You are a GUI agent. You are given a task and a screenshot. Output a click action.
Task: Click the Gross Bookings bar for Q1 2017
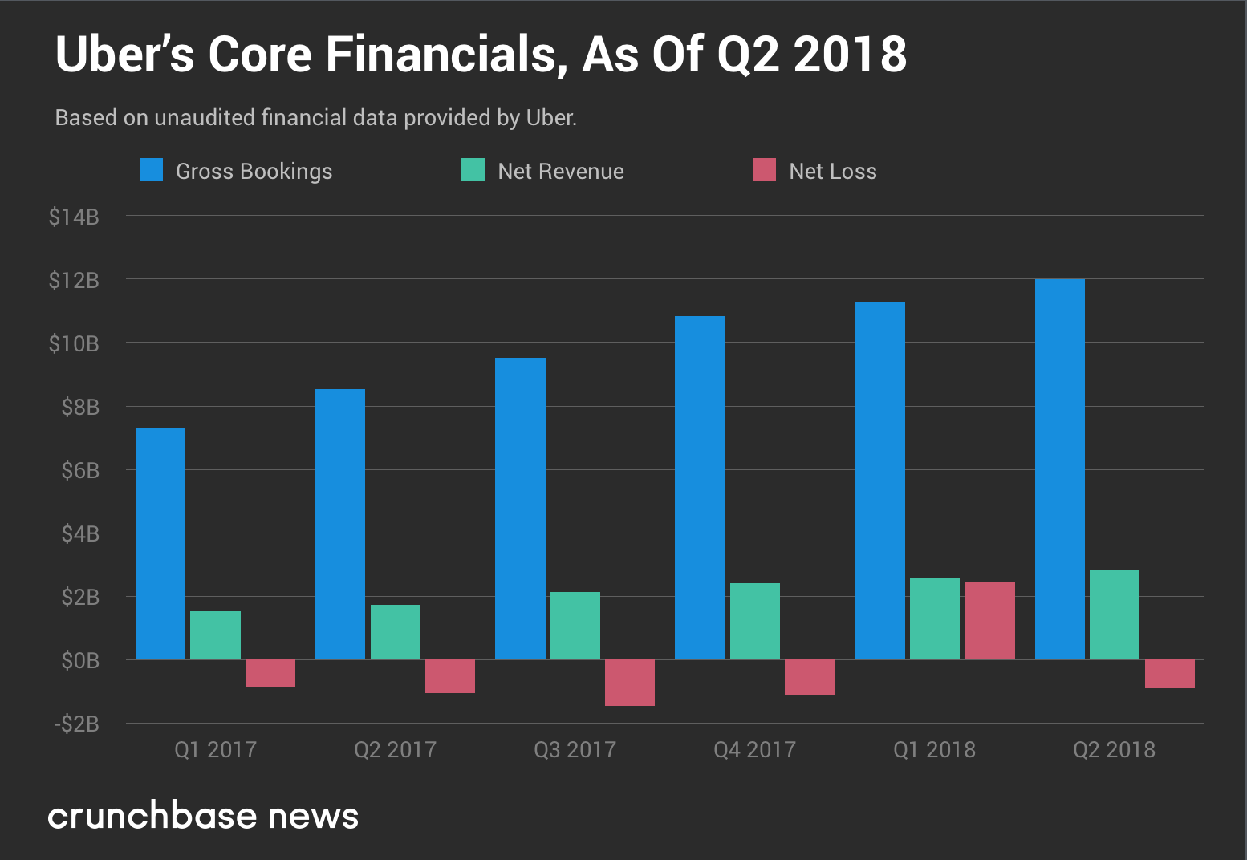point(160,544)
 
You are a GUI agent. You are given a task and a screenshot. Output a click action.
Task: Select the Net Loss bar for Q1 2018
point(989,620)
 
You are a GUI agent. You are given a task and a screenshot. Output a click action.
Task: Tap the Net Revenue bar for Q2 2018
point(1115,615)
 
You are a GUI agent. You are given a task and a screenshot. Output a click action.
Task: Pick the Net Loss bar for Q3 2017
point(630,683)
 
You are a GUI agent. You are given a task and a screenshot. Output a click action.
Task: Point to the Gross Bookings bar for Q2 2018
point(1060,469)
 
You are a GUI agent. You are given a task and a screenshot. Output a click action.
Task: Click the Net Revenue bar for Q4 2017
point(755,621)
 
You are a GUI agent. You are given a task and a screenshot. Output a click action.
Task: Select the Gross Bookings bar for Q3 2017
point(520,509)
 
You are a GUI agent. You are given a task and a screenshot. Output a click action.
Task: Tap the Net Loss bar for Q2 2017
point(450,676)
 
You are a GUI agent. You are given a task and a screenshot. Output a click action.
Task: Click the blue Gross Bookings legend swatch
point(151,170)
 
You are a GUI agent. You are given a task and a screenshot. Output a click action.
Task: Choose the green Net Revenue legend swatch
point(473,170)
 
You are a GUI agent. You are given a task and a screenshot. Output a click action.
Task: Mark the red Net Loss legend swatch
point(764,170)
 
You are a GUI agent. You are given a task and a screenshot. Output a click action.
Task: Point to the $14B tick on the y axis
point(74,217)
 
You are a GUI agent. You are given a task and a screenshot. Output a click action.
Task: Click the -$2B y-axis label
point(77,724)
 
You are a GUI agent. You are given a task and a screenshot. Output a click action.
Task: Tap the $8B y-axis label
point(80,407)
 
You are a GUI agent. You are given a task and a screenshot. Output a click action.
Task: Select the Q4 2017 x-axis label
point(754,749)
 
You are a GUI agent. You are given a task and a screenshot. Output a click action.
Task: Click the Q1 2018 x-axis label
point(934,749)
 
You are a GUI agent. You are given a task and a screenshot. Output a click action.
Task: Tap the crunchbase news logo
point(203,816)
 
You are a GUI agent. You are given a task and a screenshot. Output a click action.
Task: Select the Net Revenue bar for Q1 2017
point(215,635)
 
